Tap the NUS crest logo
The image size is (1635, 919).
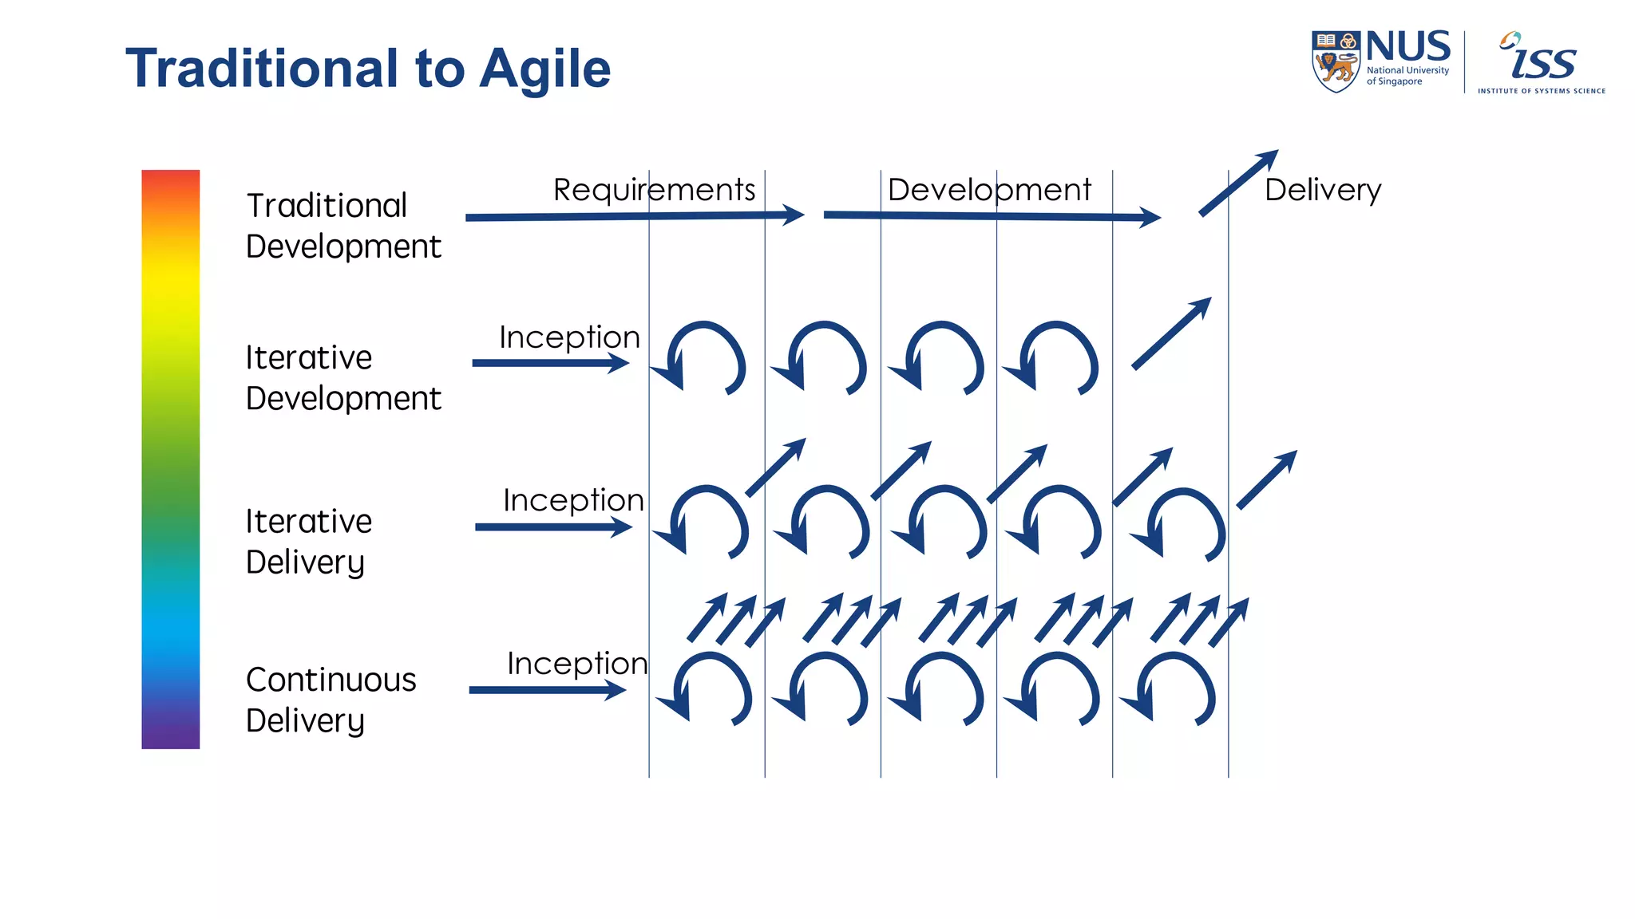coord(1336,61)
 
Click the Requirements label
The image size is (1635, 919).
coord(654,190)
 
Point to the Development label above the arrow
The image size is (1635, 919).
coord(989,190)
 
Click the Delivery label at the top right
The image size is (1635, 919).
coord(1323,190)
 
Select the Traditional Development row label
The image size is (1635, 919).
coord(342,226)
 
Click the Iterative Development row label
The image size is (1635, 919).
coord(342,377)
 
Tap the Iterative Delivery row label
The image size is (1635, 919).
coord(308,541)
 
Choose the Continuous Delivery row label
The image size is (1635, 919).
coord(331,700)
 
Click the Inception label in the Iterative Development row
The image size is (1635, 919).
coord(569,337)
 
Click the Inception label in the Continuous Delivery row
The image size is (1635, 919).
coord(577,663)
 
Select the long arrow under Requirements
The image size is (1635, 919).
coord(635,215)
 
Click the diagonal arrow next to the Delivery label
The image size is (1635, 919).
coord(1238,183)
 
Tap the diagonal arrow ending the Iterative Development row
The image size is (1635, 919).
coord(1171,333)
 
